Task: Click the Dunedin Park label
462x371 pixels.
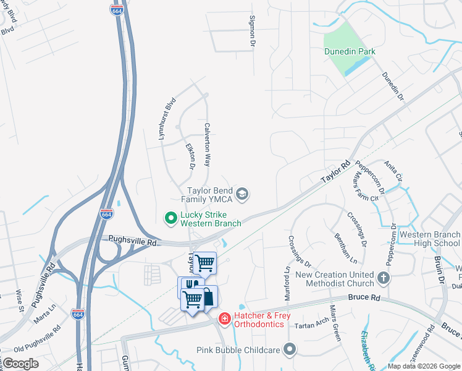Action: pyautogui.click(x=350, y=52)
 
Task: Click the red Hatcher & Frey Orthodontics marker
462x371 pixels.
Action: pyautogui.click(x=225, y=319)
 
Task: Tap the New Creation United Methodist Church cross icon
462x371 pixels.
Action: pyautogui.click(x=384, y=278)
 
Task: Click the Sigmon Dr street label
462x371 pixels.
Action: pyautogui.click(x=252, y=32)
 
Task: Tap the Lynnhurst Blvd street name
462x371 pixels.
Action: pyautogui.click(x=167, y=118)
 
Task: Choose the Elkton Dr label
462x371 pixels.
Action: pyautogui.click(x=190, y=156)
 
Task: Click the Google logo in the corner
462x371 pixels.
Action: pyautogui.click(x=21, y=364)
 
